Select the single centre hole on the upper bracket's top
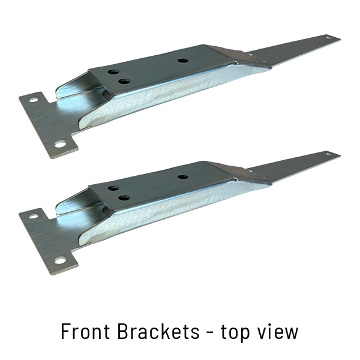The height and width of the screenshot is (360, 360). pos(182,61)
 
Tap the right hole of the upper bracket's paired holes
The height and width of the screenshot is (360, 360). pos(124,81)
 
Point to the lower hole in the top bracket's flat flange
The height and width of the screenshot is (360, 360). pos(59,144)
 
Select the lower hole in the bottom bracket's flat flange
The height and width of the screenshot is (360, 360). pos(59,260)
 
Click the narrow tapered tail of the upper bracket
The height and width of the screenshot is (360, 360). pos(294,49)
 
